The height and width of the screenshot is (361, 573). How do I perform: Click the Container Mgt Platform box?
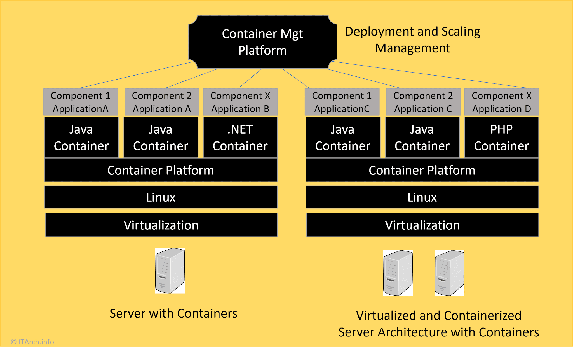(262, 42)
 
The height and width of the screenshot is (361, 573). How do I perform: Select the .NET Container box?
(240, 138)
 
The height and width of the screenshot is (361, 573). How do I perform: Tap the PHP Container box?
(501, 138)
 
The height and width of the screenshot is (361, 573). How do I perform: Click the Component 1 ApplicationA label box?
(81, 102)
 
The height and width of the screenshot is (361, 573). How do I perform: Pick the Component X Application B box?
(240, 102)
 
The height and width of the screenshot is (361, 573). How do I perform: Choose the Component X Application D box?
(501, 102)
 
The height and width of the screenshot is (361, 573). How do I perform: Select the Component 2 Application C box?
(423, 102)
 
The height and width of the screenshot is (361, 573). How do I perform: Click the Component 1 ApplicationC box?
(342, 102)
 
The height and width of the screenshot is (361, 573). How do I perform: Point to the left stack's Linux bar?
(161, 197)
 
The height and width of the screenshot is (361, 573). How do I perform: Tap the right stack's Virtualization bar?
(422, 225)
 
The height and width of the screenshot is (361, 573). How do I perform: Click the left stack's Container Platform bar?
(161, 170)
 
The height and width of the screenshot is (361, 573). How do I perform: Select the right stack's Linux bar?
(422, 197)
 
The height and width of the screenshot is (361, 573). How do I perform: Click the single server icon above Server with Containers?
(170, 271)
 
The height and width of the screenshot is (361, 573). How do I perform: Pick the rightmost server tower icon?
(449, 273)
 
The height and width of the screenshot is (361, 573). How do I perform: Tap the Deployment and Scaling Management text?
(412, 40)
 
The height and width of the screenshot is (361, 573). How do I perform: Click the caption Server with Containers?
(173, 313)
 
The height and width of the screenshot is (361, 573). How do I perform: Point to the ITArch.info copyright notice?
(32, 342)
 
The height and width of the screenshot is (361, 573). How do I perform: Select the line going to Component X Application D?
(431, 75)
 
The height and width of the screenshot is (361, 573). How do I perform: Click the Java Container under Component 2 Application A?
(161, 138)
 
